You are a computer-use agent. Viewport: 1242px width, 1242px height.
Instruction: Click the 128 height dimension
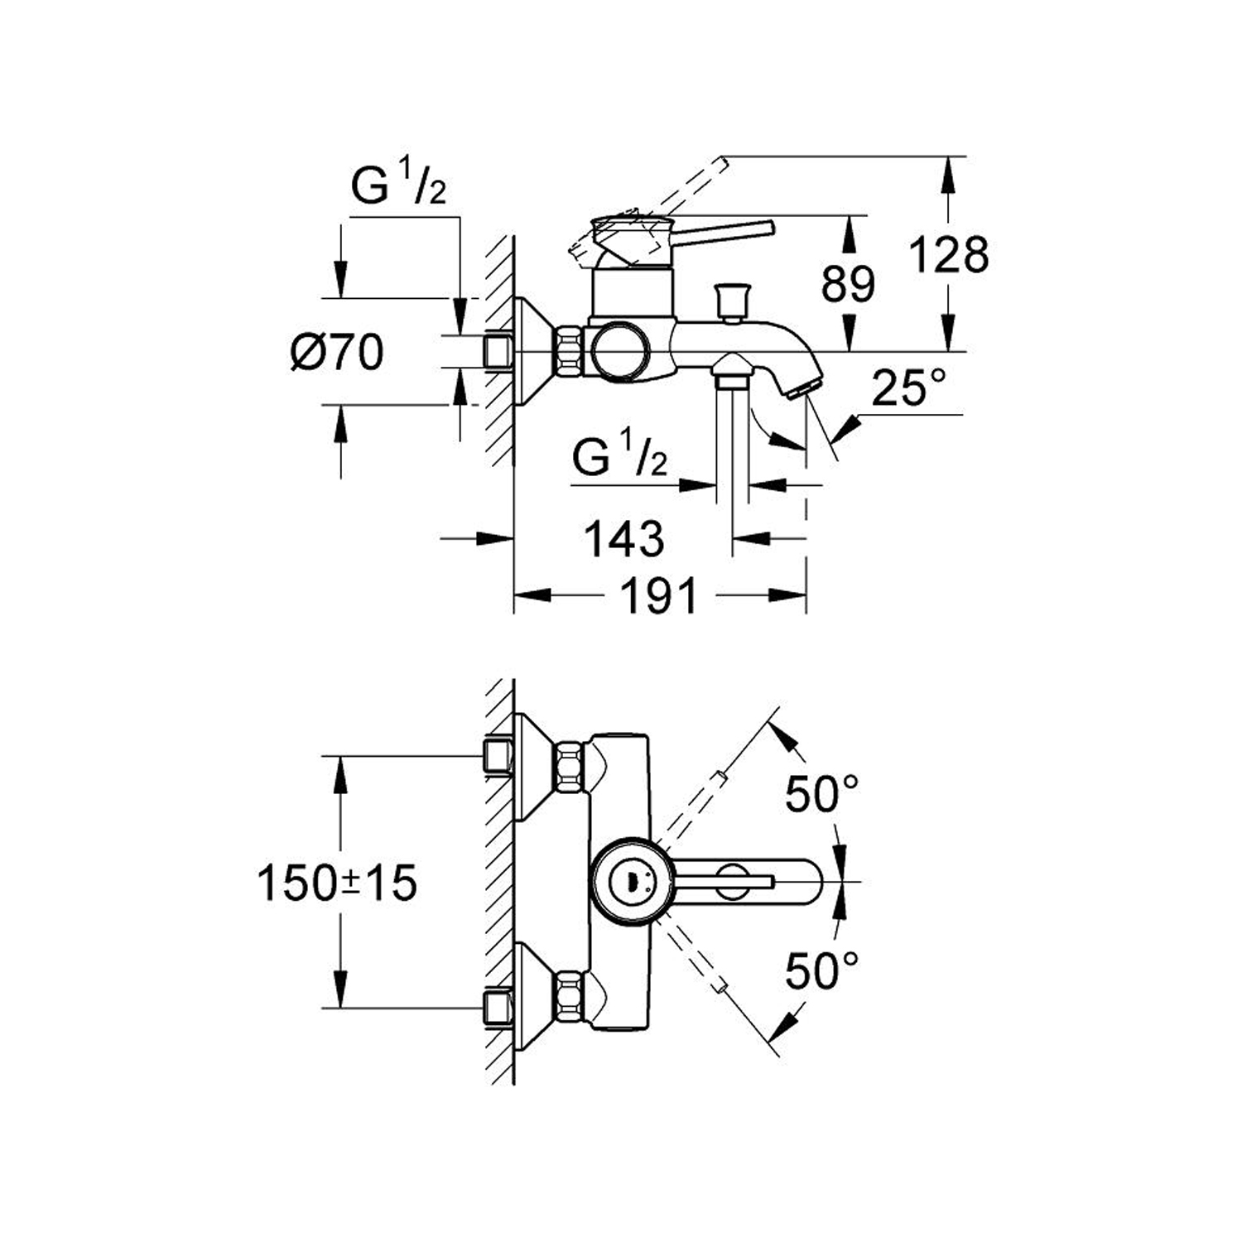(x=949, y=254)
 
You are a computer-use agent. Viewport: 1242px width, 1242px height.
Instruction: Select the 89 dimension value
(x=848, y=284)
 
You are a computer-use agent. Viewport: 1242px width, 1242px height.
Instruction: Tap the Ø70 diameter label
(x=338, y=353)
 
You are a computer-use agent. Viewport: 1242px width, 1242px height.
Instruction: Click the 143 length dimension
(x=624, y=539)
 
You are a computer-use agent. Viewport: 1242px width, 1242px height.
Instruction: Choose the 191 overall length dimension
(x=659, y=595)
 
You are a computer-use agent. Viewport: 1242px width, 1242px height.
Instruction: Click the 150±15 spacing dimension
(x=338, y=883)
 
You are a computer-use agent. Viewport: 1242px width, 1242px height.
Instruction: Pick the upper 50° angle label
(x=821, y=794)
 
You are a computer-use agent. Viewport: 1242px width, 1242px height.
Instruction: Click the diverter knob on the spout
(x=731, y=299)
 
